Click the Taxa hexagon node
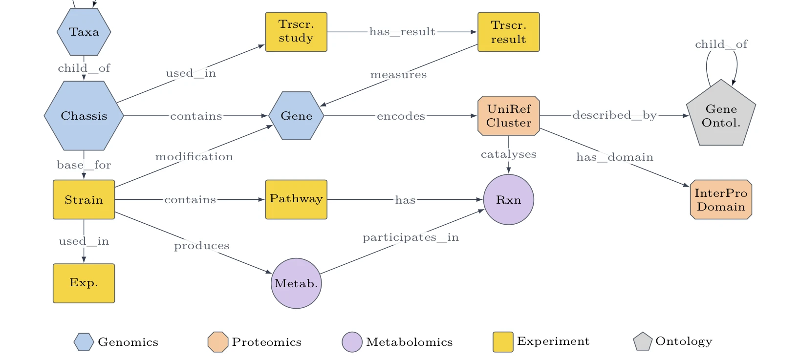(x=84, y=32)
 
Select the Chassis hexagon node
(x=84, y=116)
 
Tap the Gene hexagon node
(x=296, y=116)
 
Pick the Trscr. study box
(x=296, y=32)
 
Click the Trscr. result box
(x=509, y=32)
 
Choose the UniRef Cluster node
(x=509, y=116)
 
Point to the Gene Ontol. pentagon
(x=721, y=114)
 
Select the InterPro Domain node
(x=721, y=200)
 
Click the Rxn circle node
(x=509, y=200)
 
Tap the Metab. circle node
(x=296, y=284)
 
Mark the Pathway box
(x=296, y=200)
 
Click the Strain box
(x=84, y=200)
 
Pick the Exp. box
(x=84, y=284)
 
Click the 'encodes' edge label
(x=401, y=116)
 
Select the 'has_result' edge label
(x=402, y=32)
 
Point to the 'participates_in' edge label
(x=411, y=237)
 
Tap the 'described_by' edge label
(x=615, y=115)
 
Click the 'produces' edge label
(x=202, y=246)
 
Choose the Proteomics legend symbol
(x=218, y=342)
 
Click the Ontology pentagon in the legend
(x=643, y=342)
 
